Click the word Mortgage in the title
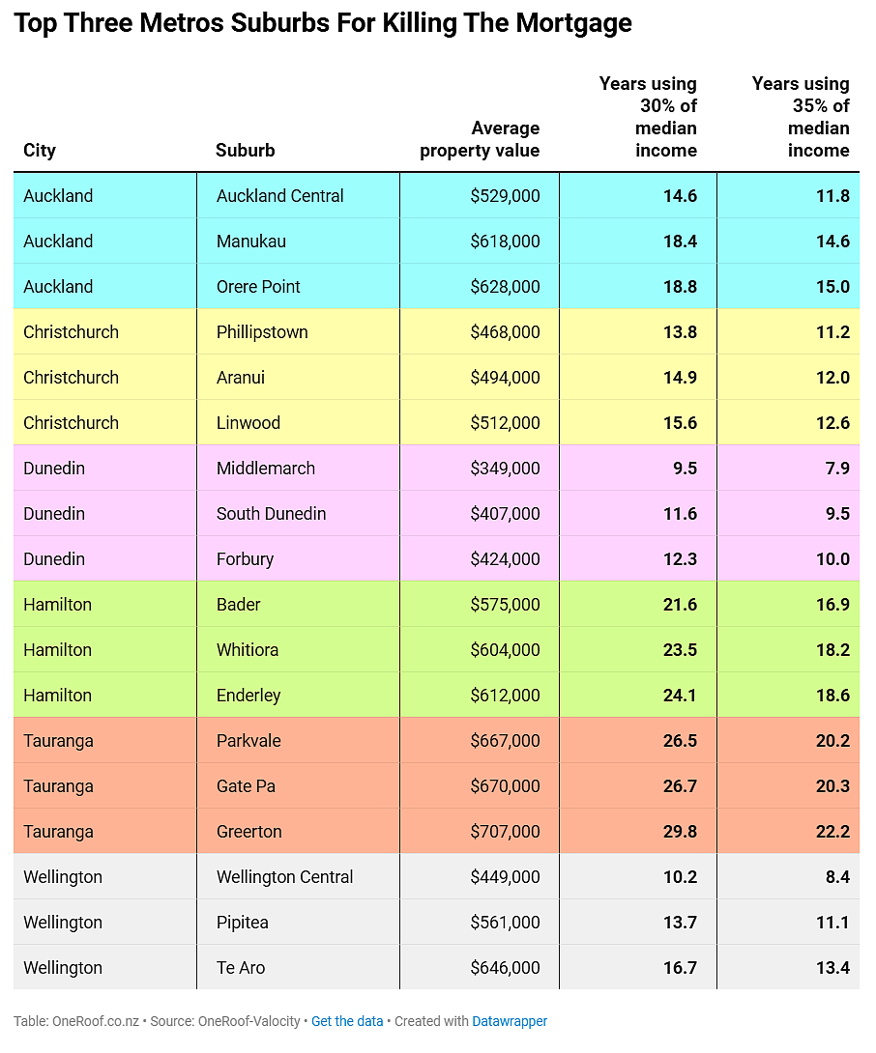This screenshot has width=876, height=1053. click(x=573, y=24)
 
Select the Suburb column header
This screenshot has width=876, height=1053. click(x=246, y=150)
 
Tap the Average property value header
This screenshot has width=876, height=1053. click(x=480, y=139)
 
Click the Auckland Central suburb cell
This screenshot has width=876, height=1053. click(x=279, y=196)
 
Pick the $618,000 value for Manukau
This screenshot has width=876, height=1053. click(x=505, y=242)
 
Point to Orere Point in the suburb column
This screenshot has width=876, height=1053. click(x=258, y=287)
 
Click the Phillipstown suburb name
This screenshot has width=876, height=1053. click(x=262, y=332)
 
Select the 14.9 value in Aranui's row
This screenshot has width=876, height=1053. click(x=681, y=378)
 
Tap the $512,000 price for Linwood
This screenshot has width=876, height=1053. click(x=505, y=423)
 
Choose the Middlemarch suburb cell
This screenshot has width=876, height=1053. click(x=266, y=469)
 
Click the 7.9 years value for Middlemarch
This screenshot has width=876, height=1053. click(x=837, y=469)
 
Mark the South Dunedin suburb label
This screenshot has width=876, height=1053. click(x=271, y=514)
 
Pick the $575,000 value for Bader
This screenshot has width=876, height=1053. click(x=505, y=605)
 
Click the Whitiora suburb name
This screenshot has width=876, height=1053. click(x=248, y=650)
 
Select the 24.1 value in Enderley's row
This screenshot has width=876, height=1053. click(x=681, y=695)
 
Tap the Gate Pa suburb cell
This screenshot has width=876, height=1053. click(x=246, y=786)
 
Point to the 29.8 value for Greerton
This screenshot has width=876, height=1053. click(x=681, y=832)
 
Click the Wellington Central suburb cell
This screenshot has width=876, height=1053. click(x=284, y=877)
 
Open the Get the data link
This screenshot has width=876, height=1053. click(x=347, y=1021)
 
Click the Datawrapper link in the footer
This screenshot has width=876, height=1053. click(x=510, y=1021)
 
